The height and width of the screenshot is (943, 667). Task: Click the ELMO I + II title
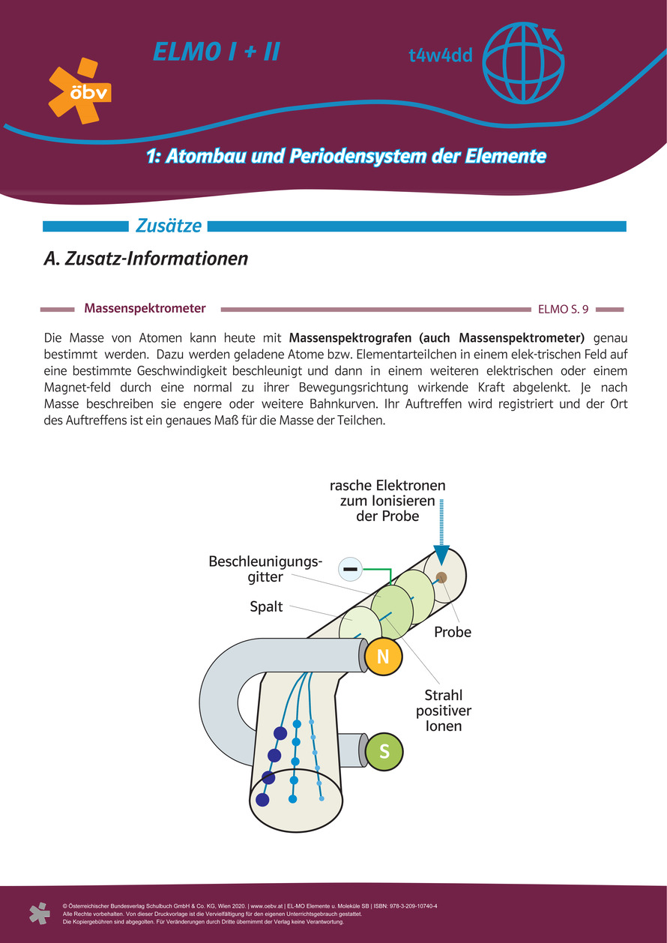point(217,52)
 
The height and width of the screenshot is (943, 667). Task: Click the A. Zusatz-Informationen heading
point(146,259)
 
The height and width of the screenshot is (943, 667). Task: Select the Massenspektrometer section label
point(145,308)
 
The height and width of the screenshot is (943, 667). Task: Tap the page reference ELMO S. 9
point(563,309)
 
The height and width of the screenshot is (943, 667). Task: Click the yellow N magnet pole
point(383,657)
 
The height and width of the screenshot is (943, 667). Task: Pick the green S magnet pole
point(384,750)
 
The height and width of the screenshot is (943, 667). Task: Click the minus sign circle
point(350,570)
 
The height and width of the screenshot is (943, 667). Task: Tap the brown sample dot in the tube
point(441,576)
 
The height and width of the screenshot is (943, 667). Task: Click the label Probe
point(453,632)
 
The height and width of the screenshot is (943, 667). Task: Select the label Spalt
point(266,606)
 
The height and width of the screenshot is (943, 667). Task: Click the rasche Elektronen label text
point(387,501)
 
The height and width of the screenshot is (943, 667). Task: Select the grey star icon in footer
point(39,913)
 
